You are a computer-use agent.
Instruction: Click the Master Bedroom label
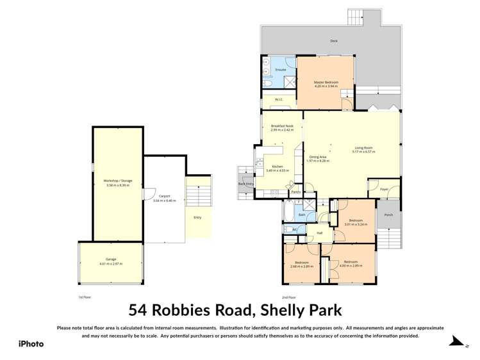[x=326, y=82]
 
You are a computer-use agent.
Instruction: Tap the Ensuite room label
[x=280, y=69]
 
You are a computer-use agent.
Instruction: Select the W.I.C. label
[x=279, y=99]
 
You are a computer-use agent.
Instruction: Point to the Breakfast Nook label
[x=281, y=126]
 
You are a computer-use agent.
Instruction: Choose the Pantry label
[x=295, y=192]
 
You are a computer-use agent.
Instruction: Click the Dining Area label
[x=319, y=156]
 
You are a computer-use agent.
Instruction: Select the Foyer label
[x=385, y=190]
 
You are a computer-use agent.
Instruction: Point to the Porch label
[x=388, y=215]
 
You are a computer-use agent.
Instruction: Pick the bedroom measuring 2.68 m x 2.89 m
[x=301, y=264]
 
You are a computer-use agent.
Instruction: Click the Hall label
[x=319, y=233]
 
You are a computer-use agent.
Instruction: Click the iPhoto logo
[x=31, y=343]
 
